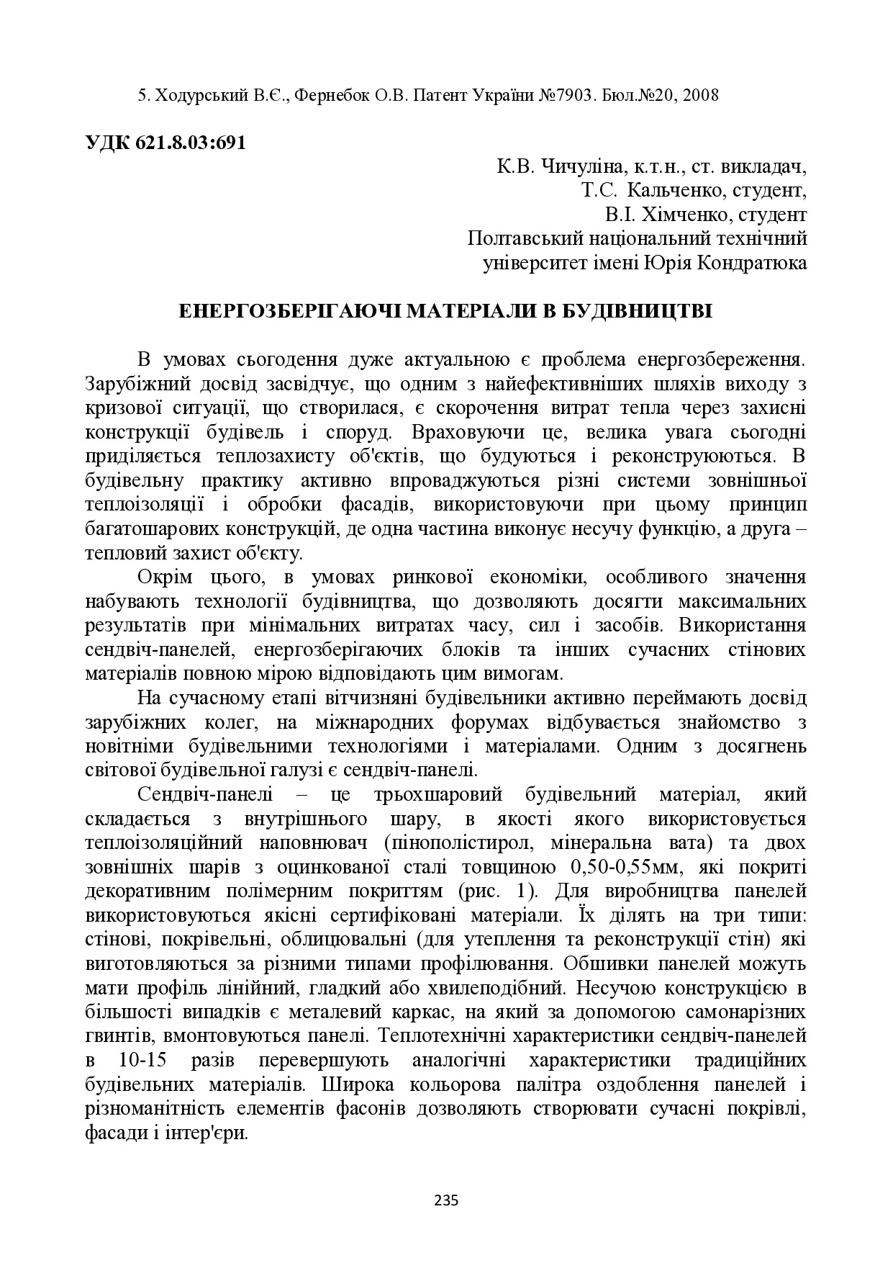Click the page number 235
coord(446,1200)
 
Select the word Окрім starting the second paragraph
coord(160,577)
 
